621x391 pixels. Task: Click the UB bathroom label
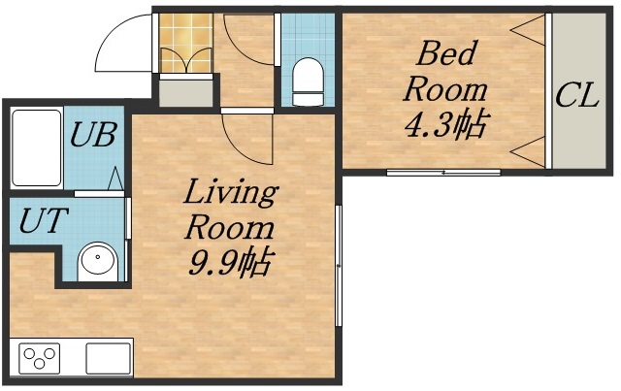(93, 135)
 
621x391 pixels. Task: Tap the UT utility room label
(42, 220)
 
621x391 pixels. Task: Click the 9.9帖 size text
(230, 263)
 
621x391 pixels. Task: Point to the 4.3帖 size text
(445, 124)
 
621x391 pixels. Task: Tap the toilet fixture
(309, 81)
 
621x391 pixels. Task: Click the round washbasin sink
(98, 260)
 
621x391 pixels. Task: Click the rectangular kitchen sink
(108, 358)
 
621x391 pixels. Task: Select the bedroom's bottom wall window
(443, 173)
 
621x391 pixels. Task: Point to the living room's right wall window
(338, 266)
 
